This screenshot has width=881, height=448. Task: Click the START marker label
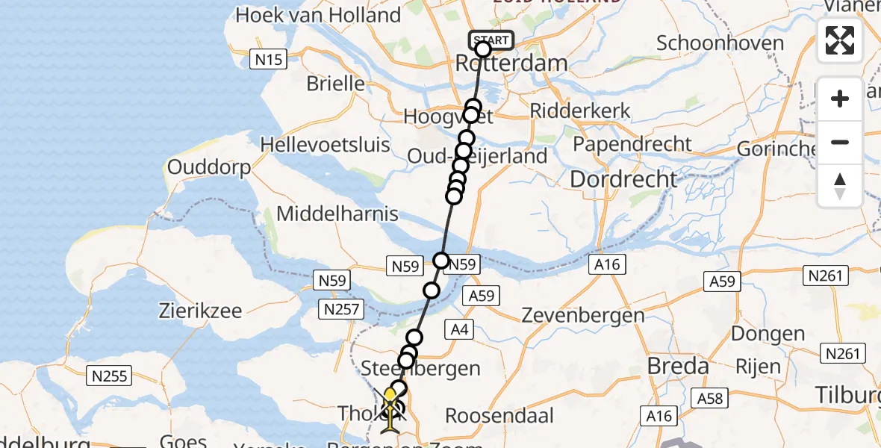(491, 40)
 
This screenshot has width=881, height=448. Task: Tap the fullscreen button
(840, 40)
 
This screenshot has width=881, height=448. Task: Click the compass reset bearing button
(840, 186)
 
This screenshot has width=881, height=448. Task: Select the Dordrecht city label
(623, 179)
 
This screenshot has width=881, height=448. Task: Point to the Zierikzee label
(201, 311)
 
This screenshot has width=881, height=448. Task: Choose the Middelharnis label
(337, 214)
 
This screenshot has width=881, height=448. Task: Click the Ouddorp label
(208, 167)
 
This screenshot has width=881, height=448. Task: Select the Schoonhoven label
(720, 43)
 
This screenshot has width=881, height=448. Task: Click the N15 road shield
(267, 60)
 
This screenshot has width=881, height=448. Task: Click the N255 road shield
(110, 375)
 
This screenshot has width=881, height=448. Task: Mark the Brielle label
(336, 83)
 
